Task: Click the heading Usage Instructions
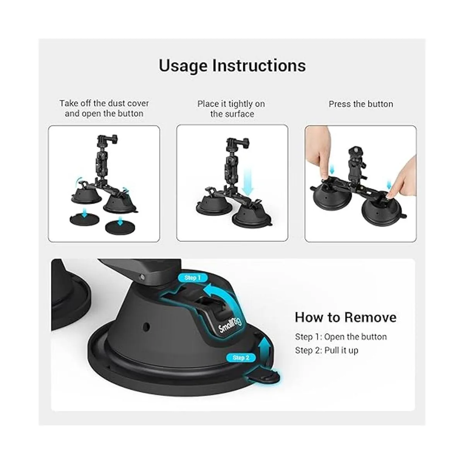[232, 65]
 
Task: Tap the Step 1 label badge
[193, 278]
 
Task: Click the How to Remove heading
[346, 317]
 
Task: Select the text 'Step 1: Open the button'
[341, 337]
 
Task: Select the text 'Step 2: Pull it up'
[327, 350]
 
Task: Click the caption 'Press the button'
[361, 104]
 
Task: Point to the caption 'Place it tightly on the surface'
[231, 109]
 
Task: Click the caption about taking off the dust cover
[104, 108]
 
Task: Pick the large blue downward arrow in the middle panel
[247, 182]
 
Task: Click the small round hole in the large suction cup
[146, 327]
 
